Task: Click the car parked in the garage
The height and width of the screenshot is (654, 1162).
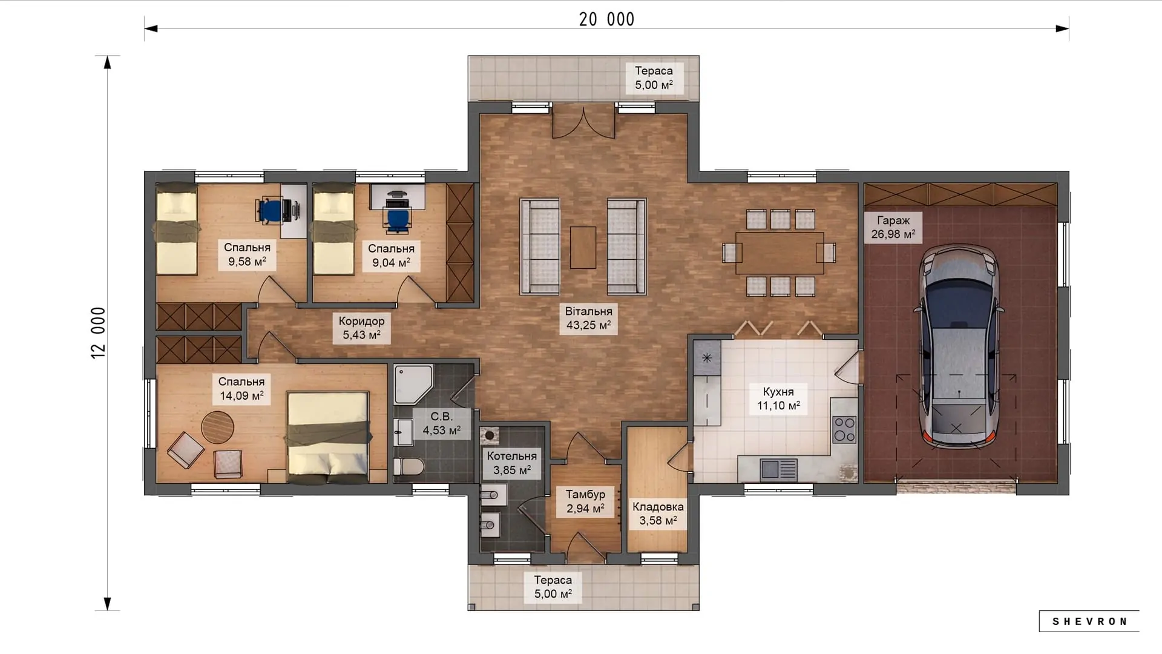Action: [x=959, y=346]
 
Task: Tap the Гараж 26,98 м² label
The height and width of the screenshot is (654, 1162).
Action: [x=893, y=227]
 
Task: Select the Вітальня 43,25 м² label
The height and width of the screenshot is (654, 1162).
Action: [x=588, y=318]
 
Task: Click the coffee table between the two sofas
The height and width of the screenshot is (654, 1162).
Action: [x=583, y=247]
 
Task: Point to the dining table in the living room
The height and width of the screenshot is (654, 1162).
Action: [x=780, y=253]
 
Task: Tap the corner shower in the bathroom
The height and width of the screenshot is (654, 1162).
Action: [x=413, y=384]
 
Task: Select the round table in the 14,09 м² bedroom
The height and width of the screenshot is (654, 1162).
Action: [x=217, y=428]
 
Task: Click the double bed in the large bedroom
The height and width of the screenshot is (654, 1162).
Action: [x=328, y=437]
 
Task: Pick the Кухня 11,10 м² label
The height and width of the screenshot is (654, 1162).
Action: [x=778, y=398]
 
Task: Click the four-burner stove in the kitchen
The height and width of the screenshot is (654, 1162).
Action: [x=844, y=429]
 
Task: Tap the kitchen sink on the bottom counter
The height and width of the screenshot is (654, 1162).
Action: [x=778, y=469]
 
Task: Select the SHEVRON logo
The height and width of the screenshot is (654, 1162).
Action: [x=1089, y=621]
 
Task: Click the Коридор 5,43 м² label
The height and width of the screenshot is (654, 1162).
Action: [x=361, y=328]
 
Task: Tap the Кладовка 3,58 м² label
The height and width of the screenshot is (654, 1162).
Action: [x=658, y=514]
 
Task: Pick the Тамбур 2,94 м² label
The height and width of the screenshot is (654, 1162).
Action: [x=585, y=501]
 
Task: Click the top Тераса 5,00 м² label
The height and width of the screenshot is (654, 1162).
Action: [x=654, y=78]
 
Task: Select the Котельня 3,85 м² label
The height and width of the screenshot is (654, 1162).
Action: [x=512, y=463]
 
